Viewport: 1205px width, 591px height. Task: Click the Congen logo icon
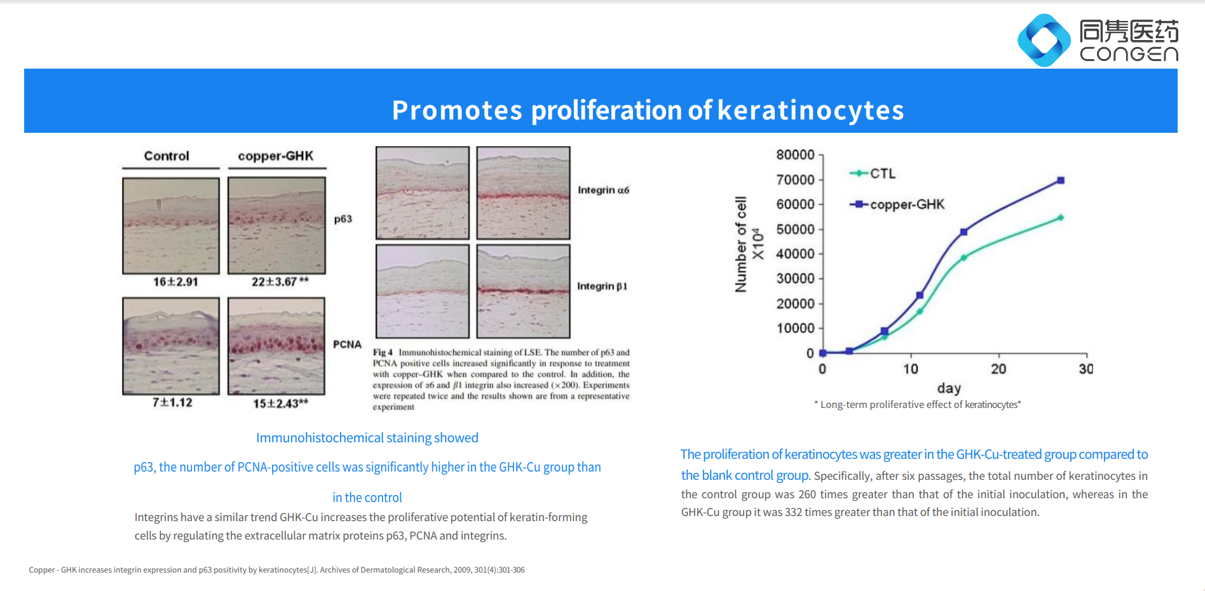click(x=1044, y=40)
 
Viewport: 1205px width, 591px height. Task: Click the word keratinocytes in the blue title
click(x=810, y=110)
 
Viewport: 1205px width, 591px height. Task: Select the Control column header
click(x=167, y=156)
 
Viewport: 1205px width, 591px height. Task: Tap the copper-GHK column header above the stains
click(x=276, y=156)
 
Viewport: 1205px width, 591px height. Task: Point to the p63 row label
click(x=343, y=219)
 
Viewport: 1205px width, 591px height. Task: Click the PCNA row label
click(x=347, y=344)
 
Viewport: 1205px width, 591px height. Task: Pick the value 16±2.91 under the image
click(x=175, y=282)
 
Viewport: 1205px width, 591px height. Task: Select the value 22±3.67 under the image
click(x=280, y=282)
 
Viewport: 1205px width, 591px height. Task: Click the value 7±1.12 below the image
click(x=172, y=402)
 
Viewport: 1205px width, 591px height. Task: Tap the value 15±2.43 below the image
click(x=280, y=404)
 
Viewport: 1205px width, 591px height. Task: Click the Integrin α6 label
click(x=603, y=190)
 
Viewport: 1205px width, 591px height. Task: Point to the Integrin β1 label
click(x=602, y=287)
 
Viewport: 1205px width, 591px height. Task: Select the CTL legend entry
click(x=873, y=173)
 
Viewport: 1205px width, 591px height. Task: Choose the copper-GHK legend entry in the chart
click(x=897, y=205)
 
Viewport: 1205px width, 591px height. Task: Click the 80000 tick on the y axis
click(x=795, y=155)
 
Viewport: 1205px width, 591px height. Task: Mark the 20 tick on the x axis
click(x=998, y=369)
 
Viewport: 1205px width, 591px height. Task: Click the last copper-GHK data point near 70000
click(x=1061, y=180)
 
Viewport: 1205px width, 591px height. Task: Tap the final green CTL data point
click(x=1061, y=218)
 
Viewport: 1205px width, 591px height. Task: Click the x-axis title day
click(x=949, y=388)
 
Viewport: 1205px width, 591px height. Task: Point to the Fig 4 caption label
click(x=383, y=352)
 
